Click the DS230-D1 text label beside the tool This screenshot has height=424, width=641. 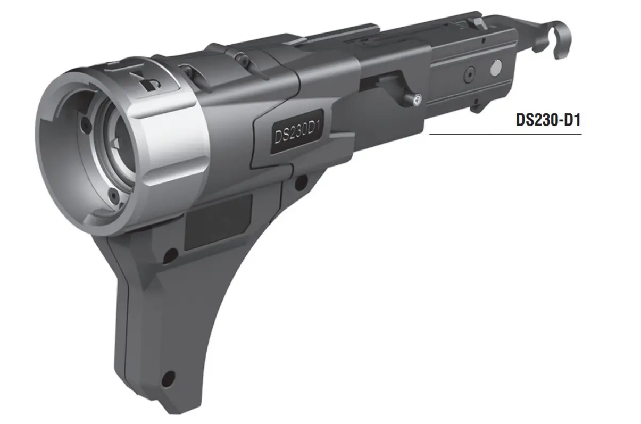tap(548, 120)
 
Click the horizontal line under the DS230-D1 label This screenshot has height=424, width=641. tap(505, 134)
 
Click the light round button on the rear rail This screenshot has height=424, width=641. tap(494, 68)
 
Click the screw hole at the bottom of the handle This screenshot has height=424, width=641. tap(168, 378)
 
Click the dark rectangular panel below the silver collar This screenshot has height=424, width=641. tap(218, 221)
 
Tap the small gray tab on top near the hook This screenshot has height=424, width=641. tap(478, 22)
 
